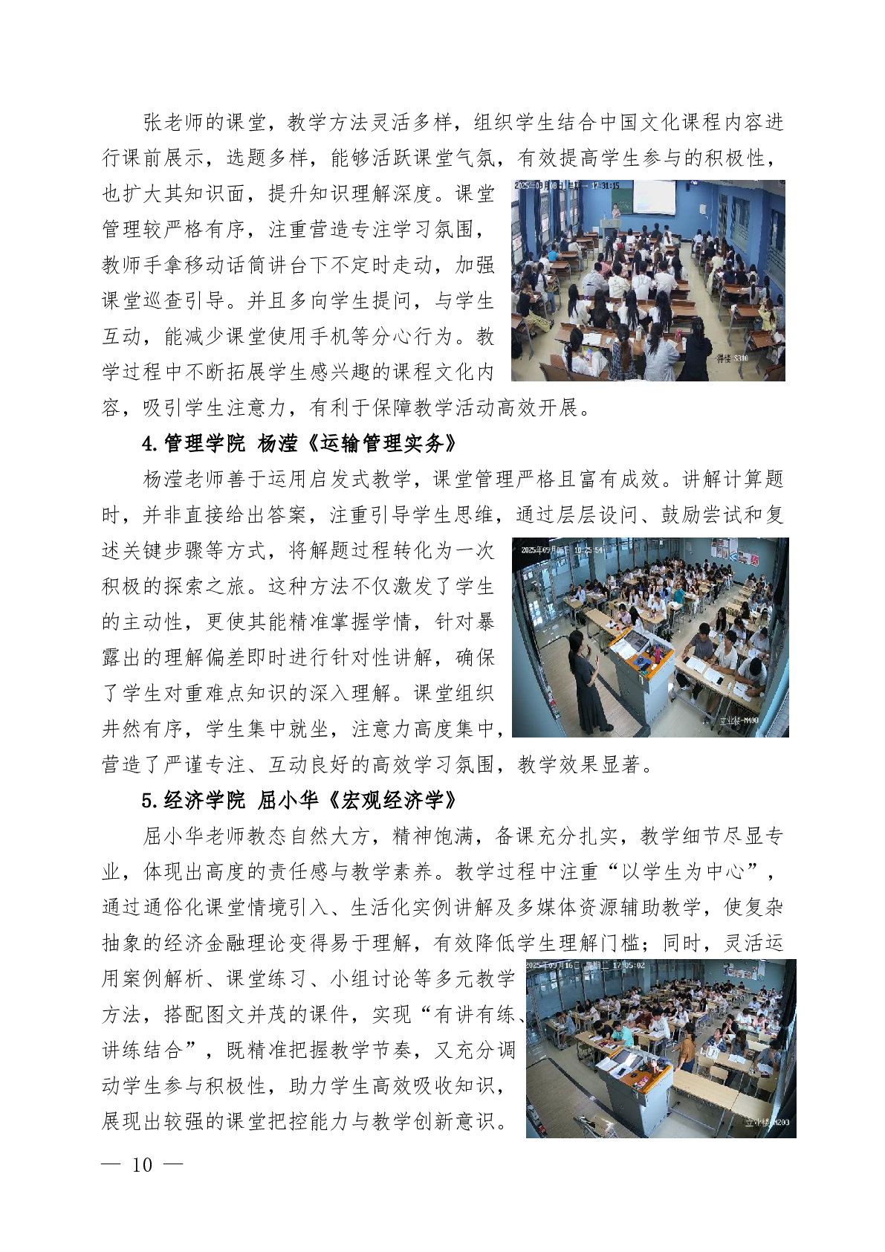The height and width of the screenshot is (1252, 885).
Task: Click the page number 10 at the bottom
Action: pyautogui.click(x=142, y=1164)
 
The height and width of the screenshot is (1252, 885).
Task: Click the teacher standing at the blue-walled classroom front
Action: pyautogui.click(x=616, y=208)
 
